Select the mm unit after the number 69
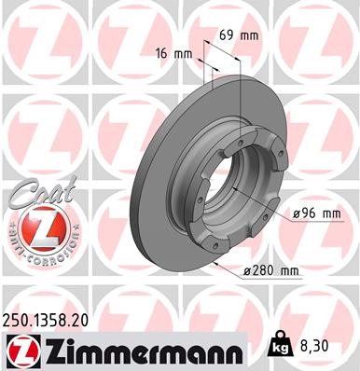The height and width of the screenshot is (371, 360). (x=249, y=35)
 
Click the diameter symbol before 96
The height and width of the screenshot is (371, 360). (x=296, y=213)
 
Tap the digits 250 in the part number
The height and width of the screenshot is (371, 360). (x=18, y=319)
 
